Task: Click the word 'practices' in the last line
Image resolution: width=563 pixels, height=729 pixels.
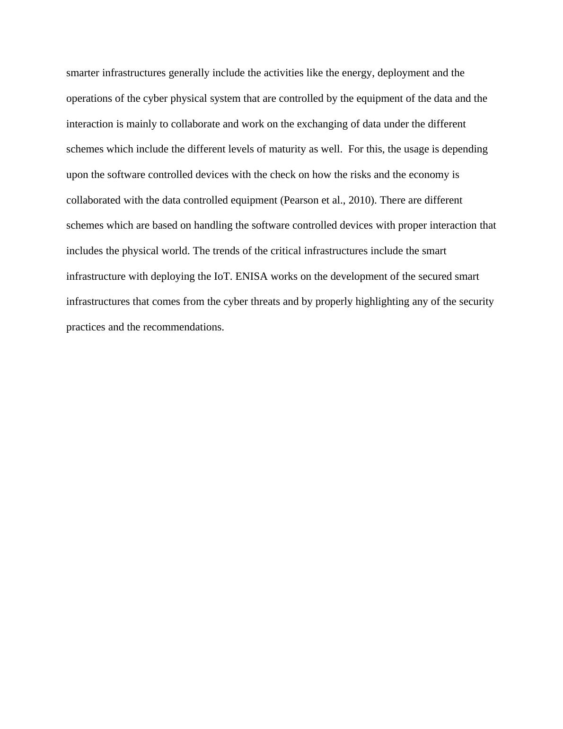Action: point(86,327)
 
